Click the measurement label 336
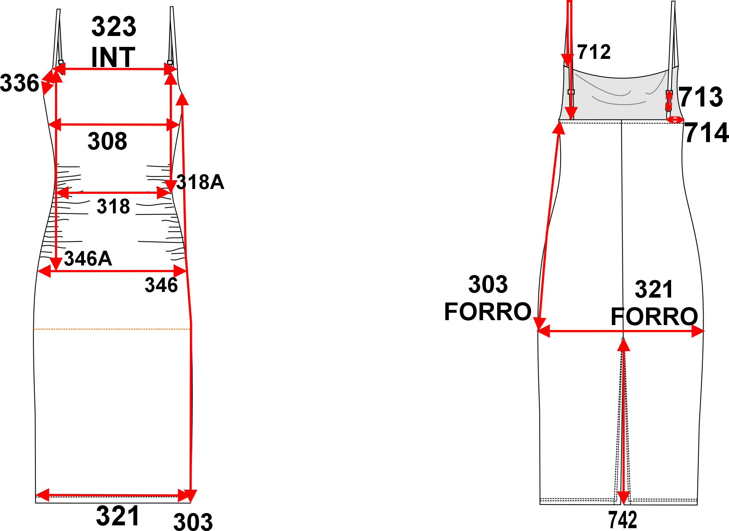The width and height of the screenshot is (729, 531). click(19, 83)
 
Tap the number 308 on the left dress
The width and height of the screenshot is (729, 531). click(107, 141)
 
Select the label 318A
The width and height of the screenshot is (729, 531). click(200, 182)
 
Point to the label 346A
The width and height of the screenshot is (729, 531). click(88, 258)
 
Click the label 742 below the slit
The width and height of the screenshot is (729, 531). click(623, 519)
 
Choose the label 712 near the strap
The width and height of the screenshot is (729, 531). click(594, 52)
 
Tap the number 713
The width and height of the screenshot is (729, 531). click(701, 97)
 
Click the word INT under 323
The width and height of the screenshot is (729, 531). click(113, 57)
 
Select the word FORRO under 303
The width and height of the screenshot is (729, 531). click(488, 312)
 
